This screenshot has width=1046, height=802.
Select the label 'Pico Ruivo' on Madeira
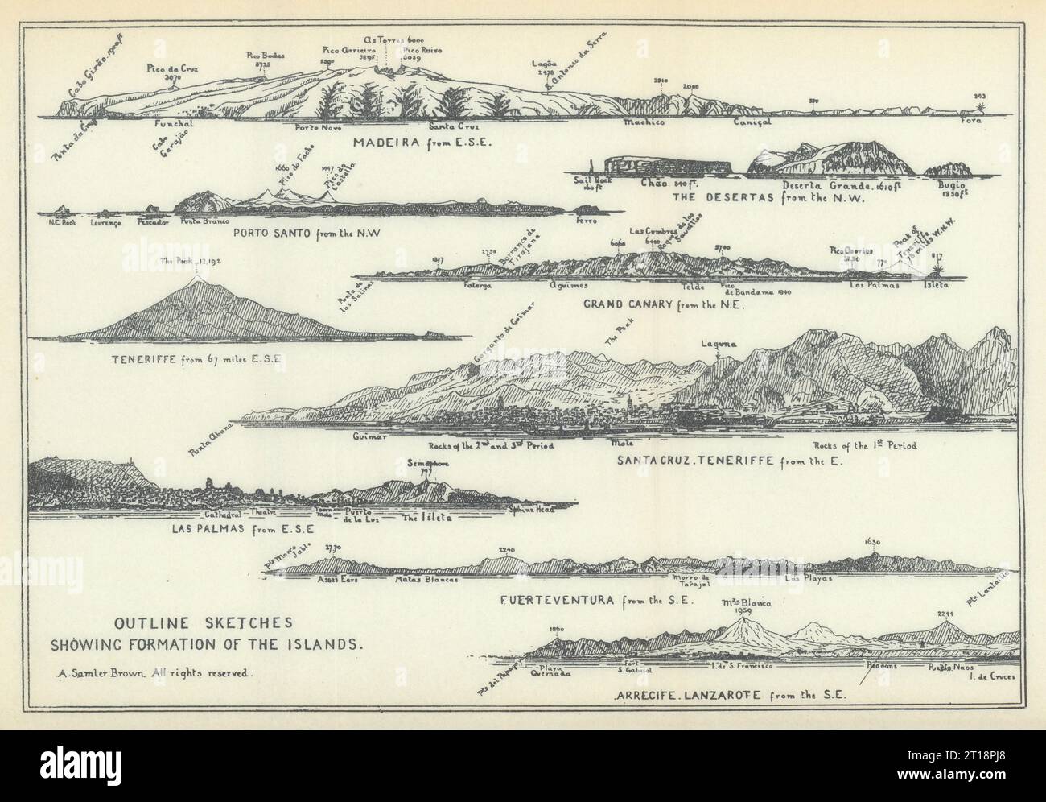[422, 50]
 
